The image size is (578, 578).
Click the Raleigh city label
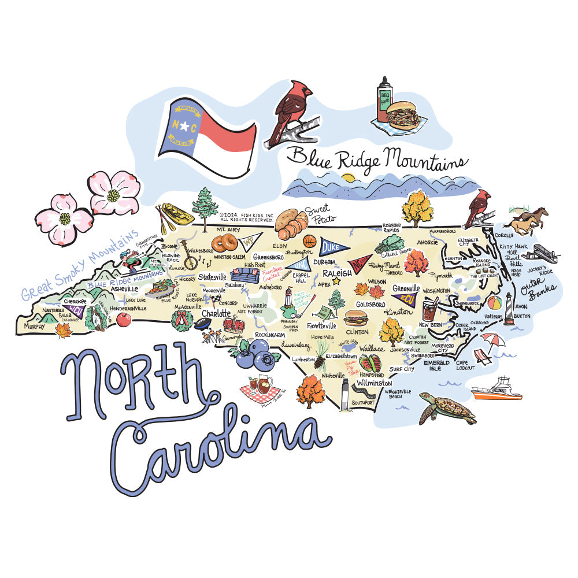point(338,273)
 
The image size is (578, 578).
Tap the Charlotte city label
point(216,314)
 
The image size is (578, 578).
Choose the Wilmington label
point(374,383)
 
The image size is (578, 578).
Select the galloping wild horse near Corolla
point(525,220)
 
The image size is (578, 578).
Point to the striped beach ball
point(495,302)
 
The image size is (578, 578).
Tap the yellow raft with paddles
point(177,214)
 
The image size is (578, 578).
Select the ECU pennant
point(404,298)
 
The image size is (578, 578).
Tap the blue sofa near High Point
point(244,276)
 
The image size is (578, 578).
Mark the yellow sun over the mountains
point(347,177)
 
